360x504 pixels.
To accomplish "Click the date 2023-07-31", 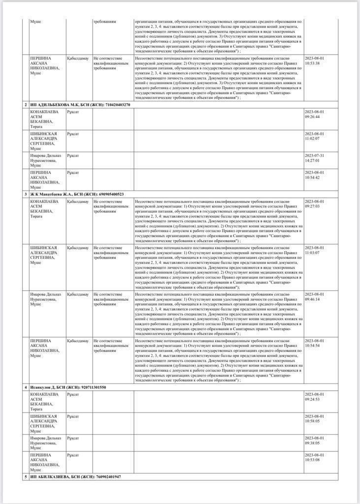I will (x=315, y=155).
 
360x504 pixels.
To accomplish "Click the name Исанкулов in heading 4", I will (x=41, y=387).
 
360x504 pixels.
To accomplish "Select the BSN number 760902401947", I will (x=105, y=477).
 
